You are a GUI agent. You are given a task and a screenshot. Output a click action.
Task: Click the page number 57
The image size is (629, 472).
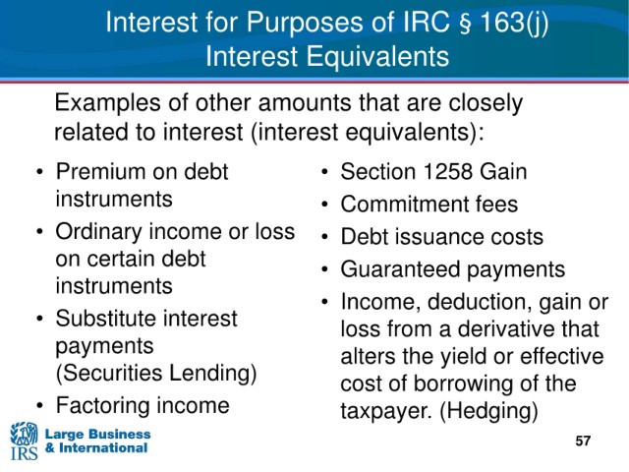tap(583, 441)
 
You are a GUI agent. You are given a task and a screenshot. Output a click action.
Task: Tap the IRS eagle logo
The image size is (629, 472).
tap(24, 441)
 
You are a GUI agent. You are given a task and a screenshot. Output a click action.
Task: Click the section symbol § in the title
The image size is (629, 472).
tap(464, 23)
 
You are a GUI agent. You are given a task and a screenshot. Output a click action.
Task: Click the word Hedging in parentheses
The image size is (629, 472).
tap(489, 411)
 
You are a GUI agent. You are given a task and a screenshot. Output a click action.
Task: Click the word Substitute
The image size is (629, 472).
tap(106, 319)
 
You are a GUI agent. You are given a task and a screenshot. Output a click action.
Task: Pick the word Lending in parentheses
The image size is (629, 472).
tap(212, 374)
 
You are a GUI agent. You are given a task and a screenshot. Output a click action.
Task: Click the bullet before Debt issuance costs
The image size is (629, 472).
tap(324, 237)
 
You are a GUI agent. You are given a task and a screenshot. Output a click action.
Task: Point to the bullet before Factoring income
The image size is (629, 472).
tap(39, 406)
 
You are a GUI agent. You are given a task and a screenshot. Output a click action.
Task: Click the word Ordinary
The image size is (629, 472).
tap(98, 233)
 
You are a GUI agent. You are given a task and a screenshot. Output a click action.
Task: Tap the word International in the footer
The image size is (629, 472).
tap(103, 448)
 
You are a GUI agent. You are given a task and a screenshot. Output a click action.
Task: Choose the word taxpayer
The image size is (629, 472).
tap(386, 412)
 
